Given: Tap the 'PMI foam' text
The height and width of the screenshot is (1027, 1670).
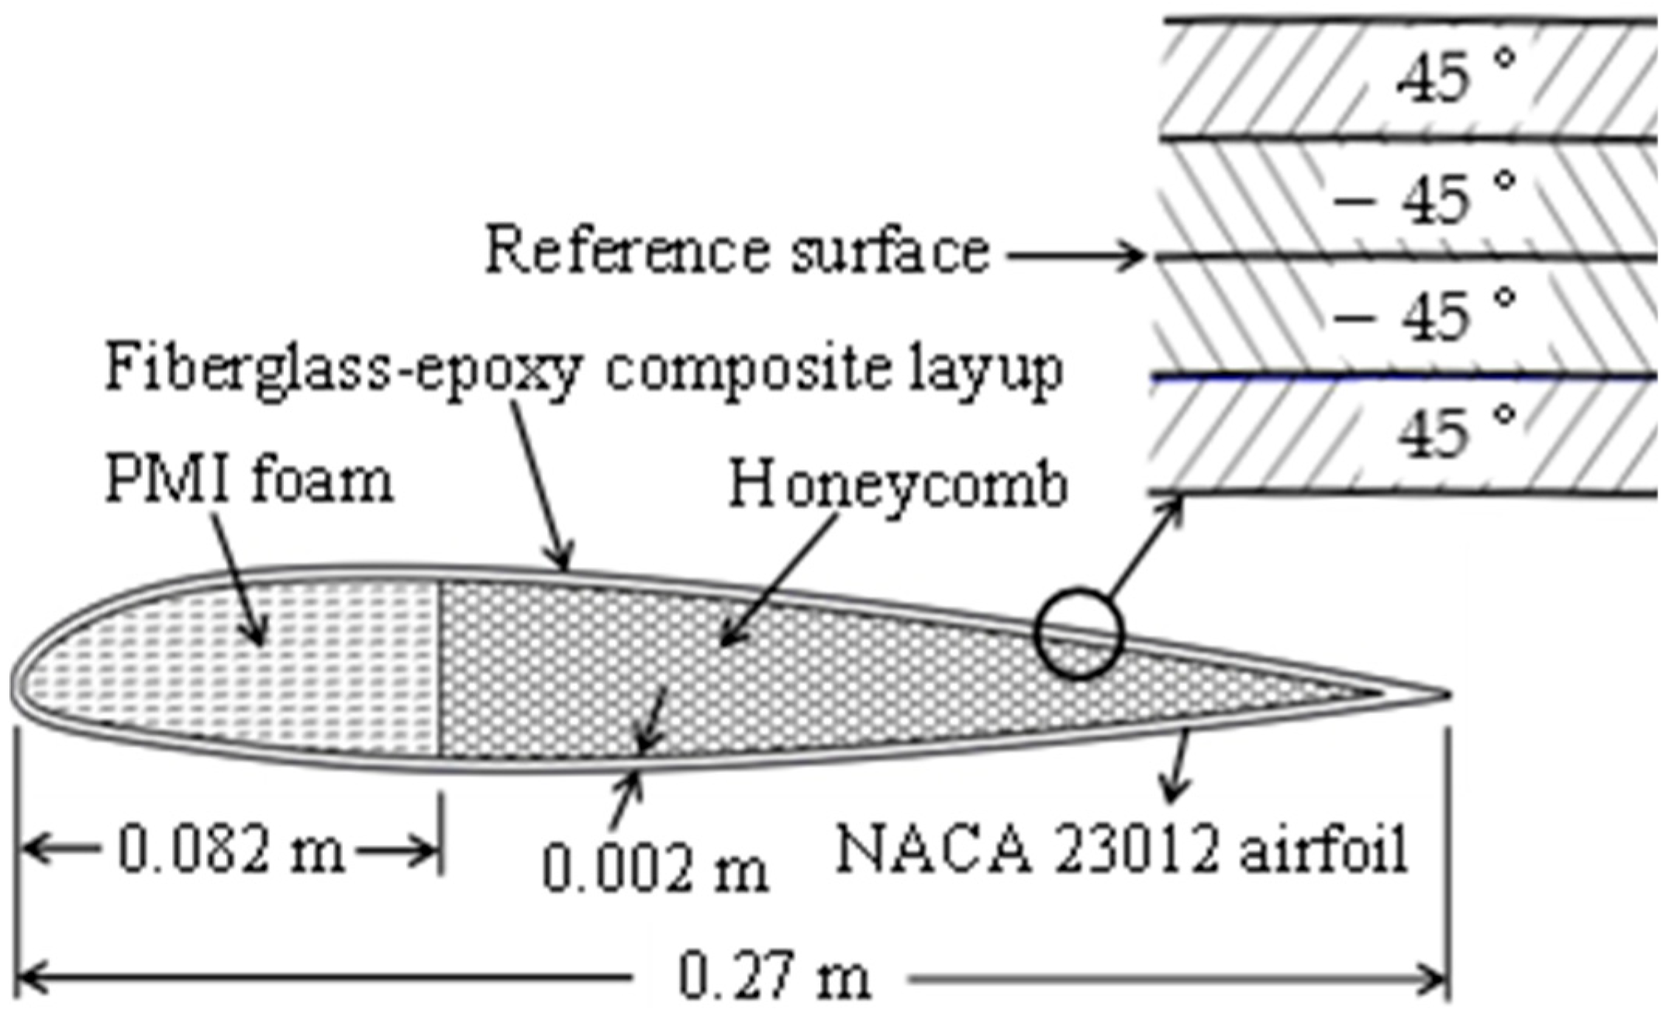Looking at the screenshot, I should pyautogui.click(x=249, y=481).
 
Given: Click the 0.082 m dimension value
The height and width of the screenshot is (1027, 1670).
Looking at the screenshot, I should pyautogui.click(x=231, y=850).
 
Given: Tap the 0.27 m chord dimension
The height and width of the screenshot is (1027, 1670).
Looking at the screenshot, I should pyautogui.click(x=774, y=977).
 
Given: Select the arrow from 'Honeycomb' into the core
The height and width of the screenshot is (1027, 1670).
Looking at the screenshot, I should pyautogui.click(x=779, y=578).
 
